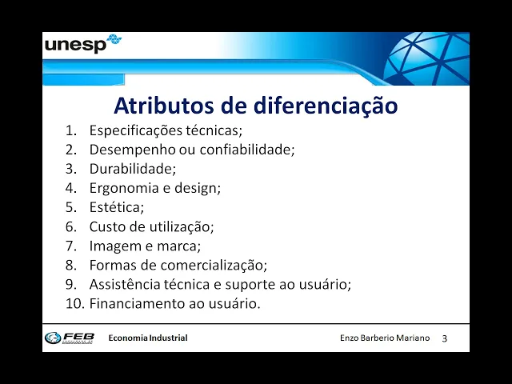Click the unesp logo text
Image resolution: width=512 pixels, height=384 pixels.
point(75,45)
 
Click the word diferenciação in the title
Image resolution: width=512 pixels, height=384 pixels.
point(326,106)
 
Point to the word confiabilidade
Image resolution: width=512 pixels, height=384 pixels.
point(247,150)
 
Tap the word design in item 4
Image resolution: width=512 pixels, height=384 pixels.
point(198,189)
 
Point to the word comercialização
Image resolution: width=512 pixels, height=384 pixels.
point(214,265)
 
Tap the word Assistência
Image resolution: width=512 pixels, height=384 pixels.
point(125,284)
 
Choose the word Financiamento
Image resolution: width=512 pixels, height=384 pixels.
point(138,303)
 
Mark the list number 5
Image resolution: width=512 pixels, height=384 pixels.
point(71,207)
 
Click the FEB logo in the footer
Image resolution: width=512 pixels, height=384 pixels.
point(70,338)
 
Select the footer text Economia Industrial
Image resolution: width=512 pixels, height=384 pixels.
point(148,338)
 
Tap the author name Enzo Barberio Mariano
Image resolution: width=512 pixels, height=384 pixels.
point(385,338)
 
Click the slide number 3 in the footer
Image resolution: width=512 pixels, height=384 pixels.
point(445,338)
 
